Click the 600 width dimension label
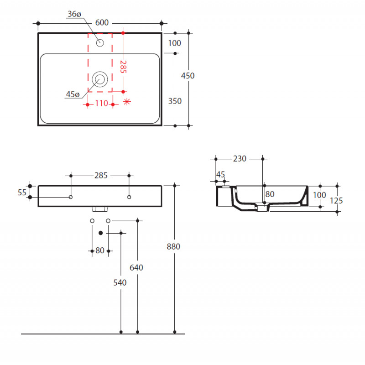click(x=102, y=22)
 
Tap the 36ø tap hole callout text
click(x=74, y=14)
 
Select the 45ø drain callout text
click(x=73, y=94)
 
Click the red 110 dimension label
click(x=101, y=103)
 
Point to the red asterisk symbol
click(x=127, y=101)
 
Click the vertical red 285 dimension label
click(x=123, y=67)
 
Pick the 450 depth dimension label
click(x=188, y=76)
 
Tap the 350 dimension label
click(x=175, y=101)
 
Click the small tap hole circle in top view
click(x=100, y=43)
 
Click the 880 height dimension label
click(x=173, y=246)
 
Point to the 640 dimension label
click(x=136, y=268)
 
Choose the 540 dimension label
click(x=120, y=282)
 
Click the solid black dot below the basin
click(x=101, y=233)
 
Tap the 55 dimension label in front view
click(x=22, y=193)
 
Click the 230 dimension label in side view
click(x=240, y=159)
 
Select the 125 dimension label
click(x=336, y=200)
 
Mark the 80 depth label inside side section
click(x=270, y=194)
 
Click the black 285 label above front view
click(x=101, y=176)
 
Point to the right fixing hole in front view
click(x=129, y=197)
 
